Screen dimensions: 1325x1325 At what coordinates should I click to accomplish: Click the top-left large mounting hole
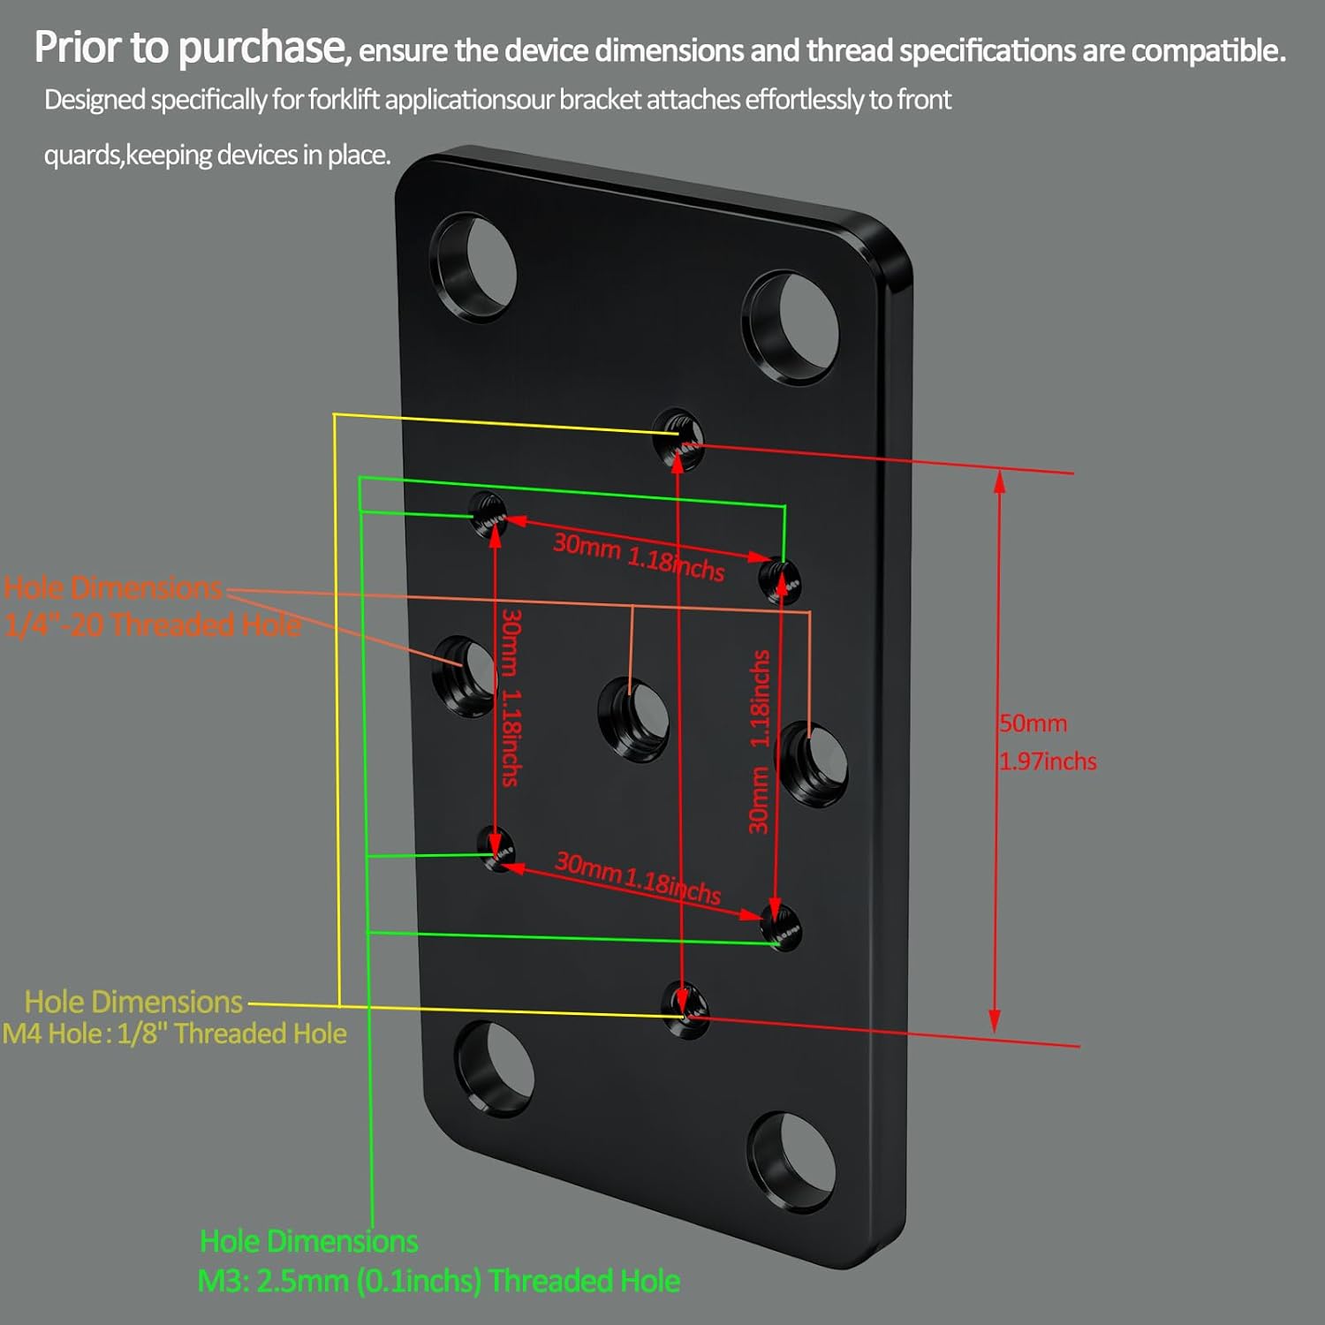tap(473, 268)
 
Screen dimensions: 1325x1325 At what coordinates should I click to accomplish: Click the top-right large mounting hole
tap(791, 328)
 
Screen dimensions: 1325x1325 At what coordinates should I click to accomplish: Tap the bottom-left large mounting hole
tap(495, 1069)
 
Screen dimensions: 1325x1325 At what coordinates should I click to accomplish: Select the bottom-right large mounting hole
tap(791, 1161)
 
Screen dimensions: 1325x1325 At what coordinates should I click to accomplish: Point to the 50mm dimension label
tap(1033, 723)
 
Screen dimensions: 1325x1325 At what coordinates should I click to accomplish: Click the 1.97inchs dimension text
tap(1048, 761)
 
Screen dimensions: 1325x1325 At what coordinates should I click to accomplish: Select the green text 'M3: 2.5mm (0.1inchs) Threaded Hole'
tap(438, 1281)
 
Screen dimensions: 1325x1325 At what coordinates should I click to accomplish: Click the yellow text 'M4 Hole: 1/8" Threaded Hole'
tap(175, 1033)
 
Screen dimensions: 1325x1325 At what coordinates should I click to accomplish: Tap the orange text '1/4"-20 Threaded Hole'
tap(152, 625)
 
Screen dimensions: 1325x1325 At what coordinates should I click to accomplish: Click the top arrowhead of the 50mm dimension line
tap(999, 480)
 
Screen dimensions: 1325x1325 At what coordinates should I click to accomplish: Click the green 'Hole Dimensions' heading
tap(308, 1241)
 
